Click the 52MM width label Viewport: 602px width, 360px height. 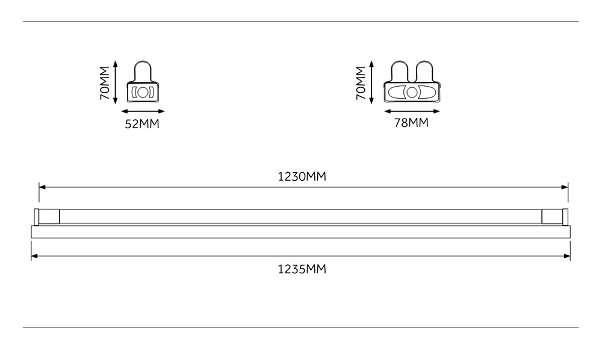pyautogui.click(x=142, y=124)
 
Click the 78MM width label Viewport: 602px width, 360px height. pyautogui.click(x=411, y=123)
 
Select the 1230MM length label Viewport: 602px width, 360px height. pyautogui.click(x=302, y=176)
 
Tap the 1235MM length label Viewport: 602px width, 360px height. pyautogui.click(x=302, y=269)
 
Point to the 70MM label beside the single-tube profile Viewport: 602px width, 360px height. pyautogui.click(x=105, y=83)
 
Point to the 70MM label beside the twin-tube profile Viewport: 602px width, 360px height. pyautogui.click(x=361, y=83)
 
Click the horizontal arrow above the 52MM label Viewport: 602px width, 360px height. pyautogui.click(x=143, y=112)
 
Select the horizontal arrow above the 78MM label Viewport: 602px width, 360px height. pyautogui.click(x=412, y=112)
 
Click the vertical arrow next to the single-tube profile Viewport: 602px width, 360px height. pyautogui.click(x=116, y=82)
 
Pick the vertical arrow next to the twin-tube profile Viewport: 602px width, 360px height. pyautogui.click(x=371, y=82)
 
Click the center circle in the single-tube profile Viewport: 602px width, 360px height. pyautogui.click(x=143, y=93)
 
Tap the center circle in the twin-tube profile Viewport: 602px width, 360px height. pyautogui.click(x=412, y=93)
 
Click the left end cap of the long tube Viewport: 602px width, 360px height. pyautogui.click(x=47, y=217)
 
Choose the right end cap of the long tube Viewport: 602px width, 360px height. pyautogui.click(x=555, y=217)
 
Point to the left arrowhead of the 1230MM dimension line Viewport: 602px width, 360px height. pyautogui.click(x=42, y=187)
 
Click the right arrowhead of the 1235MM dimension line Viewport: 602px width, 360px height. pyautogui.click(x=567, y=256)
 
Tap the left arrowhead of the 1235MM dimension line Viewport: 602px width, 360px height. pyautogui.click(x=34, y=256)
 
